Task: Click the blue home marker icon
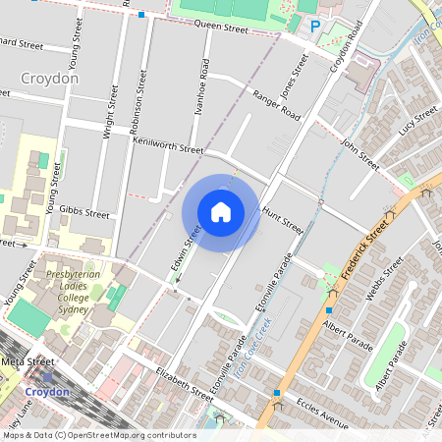[x=221, y=212]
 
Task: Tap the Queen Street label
[x=221, y=27]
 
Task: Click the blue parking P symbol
[x=315, y=27]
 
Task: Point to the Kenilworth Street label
[x=167, y=145]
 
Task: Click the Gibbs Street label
[x=84, y=212]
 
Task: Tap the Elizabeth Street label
[x=185, y=384]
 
